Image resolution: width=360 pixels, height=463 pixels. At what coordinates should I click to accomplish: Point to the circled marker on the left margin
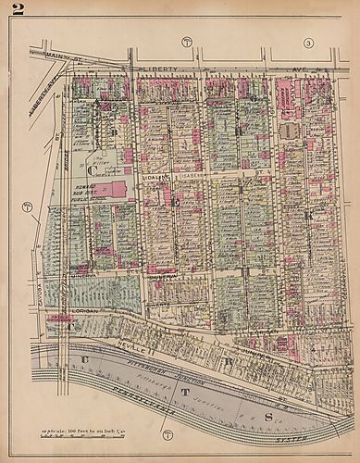(x=27, y=206)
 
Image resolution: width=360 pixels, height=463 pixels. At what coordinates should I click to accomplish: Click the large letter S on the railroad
(x=268, y=391)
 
